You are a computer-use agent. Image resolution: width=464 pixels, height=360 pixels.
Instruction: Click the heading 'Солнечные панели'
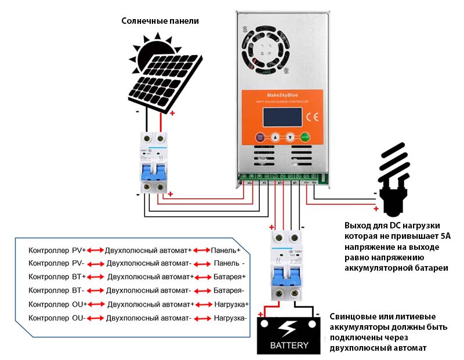point(160,21)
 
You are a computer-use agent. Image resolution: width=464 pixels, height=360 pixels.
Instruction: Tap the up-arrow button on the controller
point(275,138)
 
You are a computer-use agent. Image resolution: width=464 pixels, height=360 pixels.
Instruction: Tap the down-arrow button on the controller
point(290,138)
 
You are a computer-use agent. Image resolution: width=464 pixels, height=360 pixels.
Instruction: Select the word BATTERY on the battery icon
point(289,346)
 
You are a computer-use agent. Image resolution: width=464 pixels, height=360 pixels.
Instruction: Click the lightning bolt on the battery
point(288,329)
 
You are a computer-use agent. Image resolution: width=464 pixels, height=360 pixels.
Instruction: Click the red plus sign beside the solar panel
point(172,113)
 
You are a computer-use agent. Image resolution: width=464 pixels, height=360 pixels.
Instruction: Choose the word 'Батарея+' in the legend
point(229,277)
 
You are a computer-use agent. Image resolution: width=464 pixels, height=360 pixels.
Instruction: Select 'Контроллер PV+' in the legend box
point(57,250)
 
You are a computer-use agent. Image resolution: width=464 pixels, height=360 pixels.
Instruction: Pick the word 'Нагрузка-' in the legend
point(230,318)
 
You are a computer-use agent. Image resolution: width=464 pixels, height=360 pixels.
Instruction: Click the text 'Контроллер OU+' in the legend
point(57,304)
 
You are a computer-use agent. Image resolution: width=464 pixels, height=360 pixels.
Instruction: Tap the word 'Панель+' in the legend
point(226,250)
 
